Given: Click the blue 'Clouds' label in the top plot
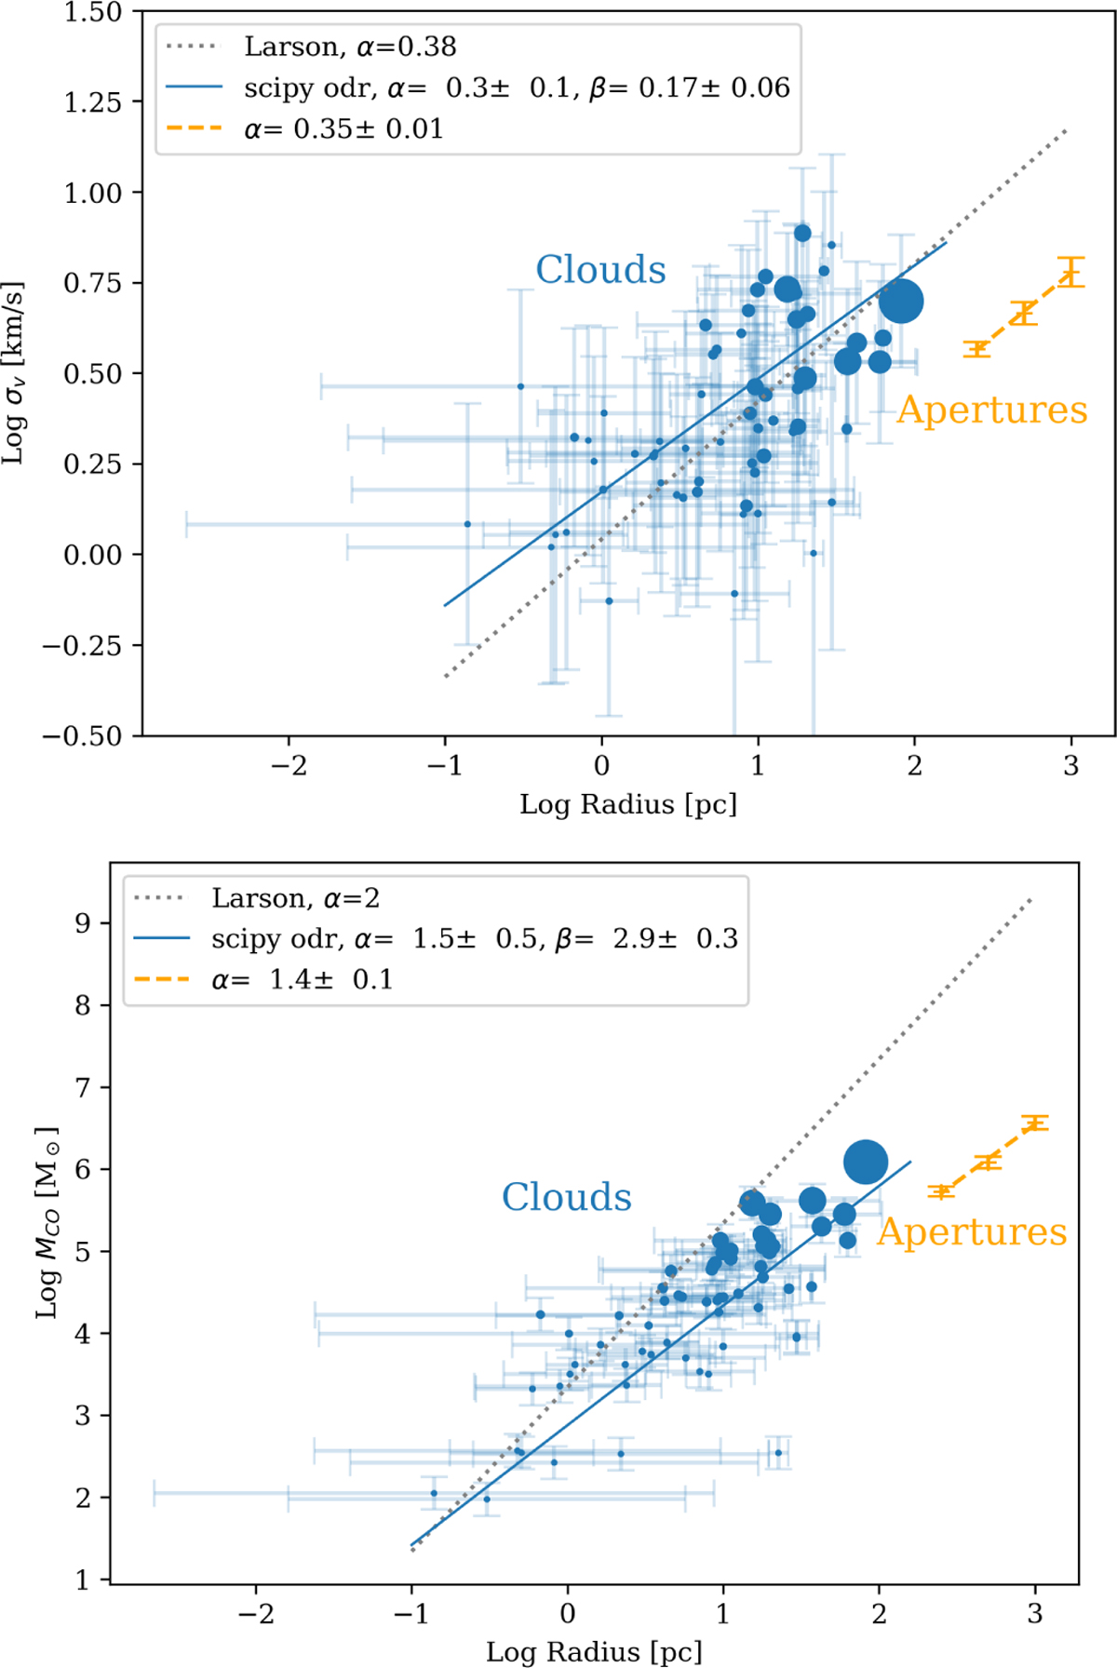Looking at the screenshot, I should [x=600, y=270].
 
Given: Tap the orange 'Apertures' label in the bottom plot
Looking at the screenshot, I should [x=972, y=1231].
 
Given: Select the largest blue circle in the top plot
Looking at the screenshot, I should [x=901, y=301].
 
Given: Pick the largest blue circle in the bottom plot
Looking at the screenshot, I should [x=866, y=1162].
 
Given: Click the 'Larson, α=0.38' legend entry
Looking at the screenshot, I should [x=350, y=47].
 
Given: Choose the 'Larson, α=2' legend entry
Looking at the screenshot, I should [x=295, y=898].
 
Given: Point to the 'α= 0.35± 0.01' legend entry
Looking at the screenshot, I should [x=343, y=128].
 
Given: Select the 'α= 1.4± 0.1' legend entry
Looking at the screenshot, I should [x=303, y=979].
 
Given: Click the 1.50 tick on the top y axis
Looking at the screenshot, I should [x=93, y=12].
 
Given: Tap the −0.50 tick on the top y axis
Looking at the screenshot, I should [x=82, y=736].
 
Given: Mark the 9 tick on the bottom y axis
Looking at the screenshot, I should [x=84, y=923].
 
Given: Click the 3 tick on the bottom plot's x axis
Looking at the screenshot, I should [x=1034, y=1613].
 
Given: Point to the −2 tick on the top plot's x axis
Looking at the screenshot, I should [x=289, y=766].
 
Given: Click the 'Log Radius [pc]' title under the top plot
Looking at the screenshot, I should [x=628, y=804].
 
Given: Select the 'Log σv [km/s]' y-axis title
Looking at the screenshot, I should [x=14, y=372].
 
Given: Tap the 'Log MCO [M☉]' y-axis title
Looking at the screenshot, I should [x=47, y=1222].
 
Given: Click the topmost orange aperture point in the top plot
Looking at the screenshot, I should [x=1071, y=272].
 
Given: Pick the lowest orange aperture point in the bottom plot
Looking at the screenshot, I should [x=941, y=1191].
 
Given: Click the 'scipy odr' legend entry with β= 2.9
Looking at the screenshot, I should [x=475, y=938].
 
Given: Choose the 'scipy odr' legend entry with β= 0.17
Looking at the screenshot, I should [x=517, y=87].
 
